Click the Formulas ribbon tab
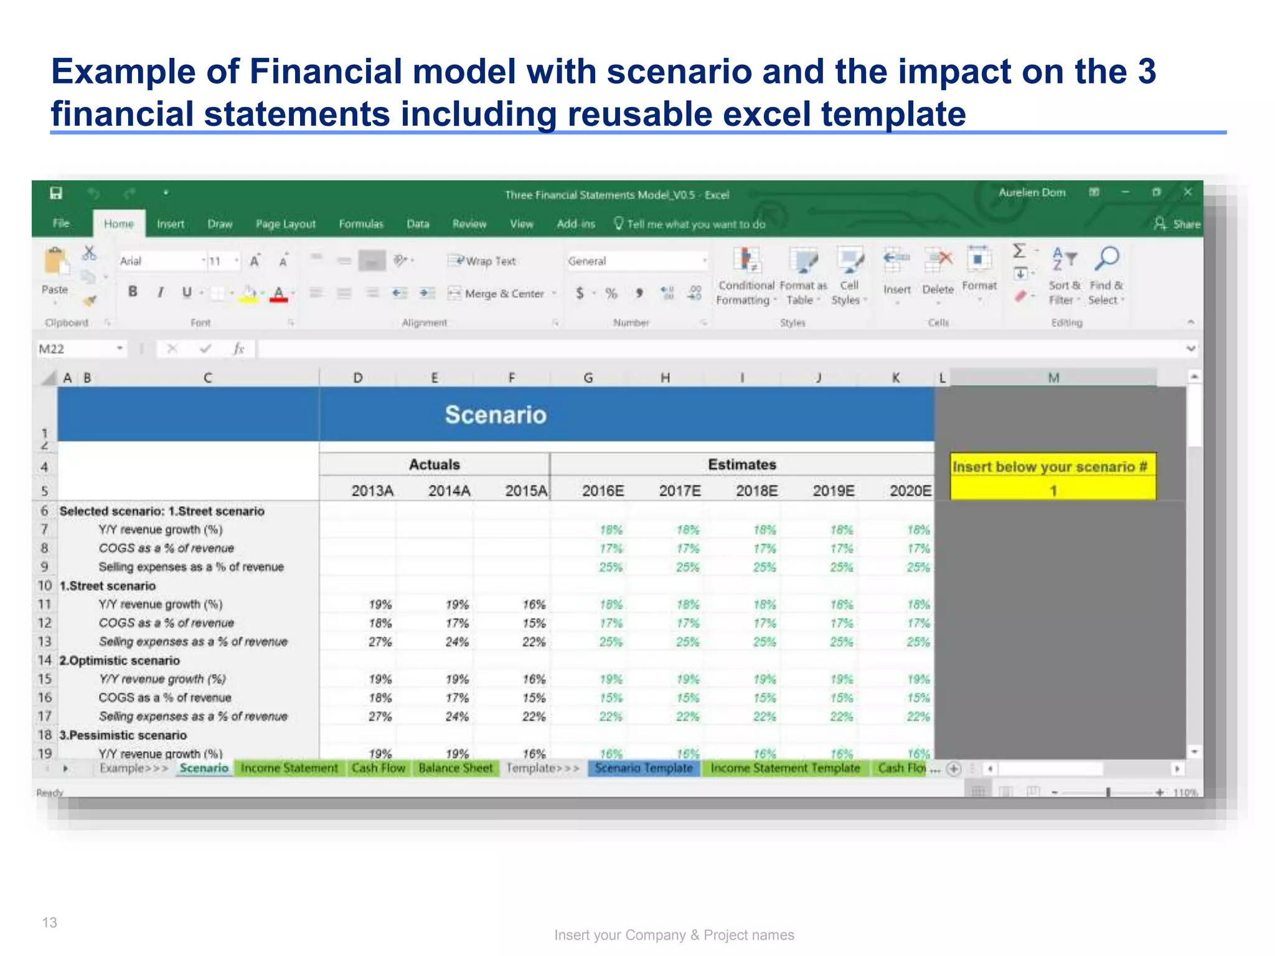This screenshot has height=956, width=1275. click(x=361, y=224)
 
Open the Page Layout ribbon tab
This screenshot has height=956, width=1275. click(x=286, y=224)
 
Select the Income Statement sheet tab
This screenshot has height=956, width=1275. click(x=289, y=768)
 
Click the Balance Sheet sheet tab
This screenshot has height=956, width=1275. click(x=455, y=768)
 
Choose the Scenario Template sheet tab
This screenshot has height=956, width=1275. click(x=643, y=768)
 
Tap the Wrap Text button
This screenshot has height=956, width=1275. click(x=483, y=261)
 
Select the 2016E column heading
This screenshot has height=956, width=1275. click(x=603, y=491)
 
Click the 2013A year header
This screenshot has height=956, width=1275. click(x=372, y=491)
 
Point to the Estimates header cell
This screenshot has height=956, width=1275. click(x=741, y=465)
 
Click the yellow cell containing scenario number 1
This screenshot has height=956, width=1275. click(x=1053, y=491)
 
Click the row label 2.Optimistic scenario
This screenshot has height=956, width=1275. click(x=120, y=660)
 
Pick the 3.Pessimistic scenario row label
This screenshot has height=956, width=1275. click(x=123, y=735)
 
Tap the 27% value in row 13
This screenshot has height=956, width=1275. click(x=380, y=642)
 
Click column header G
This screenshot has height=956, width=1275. click(x=588, y=378)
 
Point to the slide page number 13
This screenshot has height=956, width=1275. click(x=49, y=922)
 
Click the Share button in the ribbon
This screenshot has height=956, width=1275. click(x=1178, y=224)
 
